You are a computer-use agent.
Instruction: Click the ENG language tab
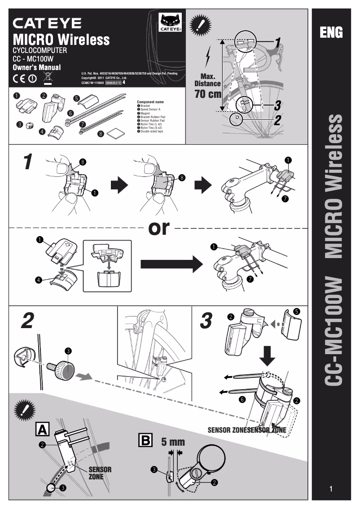[331, 32]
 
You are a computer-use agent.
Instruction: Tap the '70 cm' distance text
[208, 94]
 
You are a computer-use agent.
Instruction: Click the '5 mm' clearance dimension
[173, 442]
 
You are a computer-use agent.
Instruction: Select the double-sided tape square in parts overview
[116, 133]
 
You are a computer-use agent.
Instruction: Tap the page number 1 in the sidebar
[331, 489]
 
